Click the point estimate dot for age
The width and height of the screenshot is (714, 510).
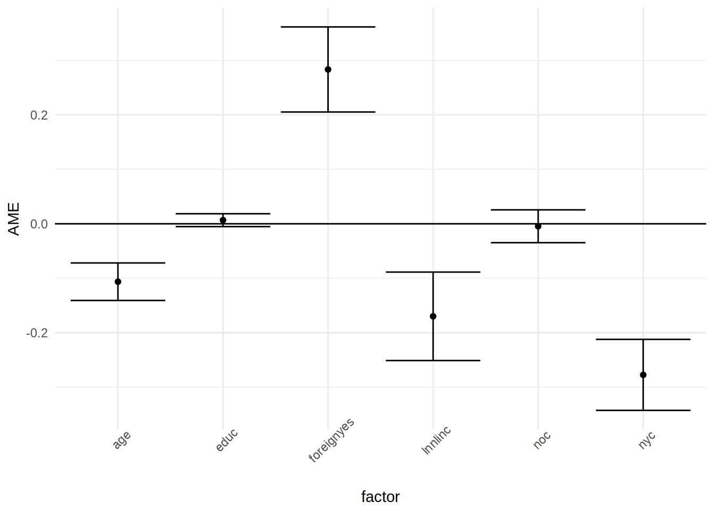click(x=118, y=282)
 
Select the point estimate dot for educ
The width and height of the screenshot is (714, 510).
click(x=223, y=220)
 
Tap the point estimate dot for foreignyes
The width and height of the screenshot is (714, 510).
click(x=328, y=70)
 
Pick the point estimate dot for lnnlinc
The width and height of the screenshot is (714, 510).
click(x=433, y=317)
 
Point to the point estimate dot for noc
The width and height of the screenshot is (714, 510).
click(x=538, y=226)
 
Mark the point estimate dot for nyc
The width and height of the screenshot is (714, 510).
click(x=643, y=375)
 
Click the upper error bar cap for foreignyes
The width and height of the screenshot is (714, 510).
click(x=328, y=27)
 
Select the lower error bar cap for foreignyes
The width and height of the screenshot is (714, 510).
click(x=328, y=112)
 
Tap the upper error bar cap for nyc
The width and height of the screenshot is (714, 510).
click(x=643, y=339)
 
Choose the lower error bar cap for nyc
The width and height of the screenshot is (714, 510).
click(x=643, y=410)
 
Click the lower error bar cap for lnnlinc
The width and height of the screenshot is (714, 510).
click(x=433, y=361)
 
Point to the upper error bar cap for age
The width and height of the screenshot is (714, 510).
click(x=118, y=263)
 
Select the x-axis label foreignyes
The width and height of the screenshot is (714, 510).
click(x=331, y=440)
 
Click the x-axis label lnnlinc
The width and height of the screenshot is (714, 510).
click(x=436, y=440)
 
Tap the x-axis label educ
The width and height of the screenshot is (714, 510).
click(x=227, y=440)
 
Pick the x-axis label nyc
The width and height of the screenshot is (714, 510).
click(x=647, y=440)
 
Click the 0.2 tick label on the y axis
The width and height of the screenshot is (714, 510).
click(x=39, y=115)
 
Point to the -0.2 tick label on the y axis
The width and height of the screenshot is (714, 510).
click(x=37, y=333)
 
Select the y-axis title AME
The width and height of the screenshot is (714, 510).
click(x=14, y=219)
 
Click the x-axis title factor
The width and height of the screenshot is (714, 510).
click(x=380, y=497)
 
